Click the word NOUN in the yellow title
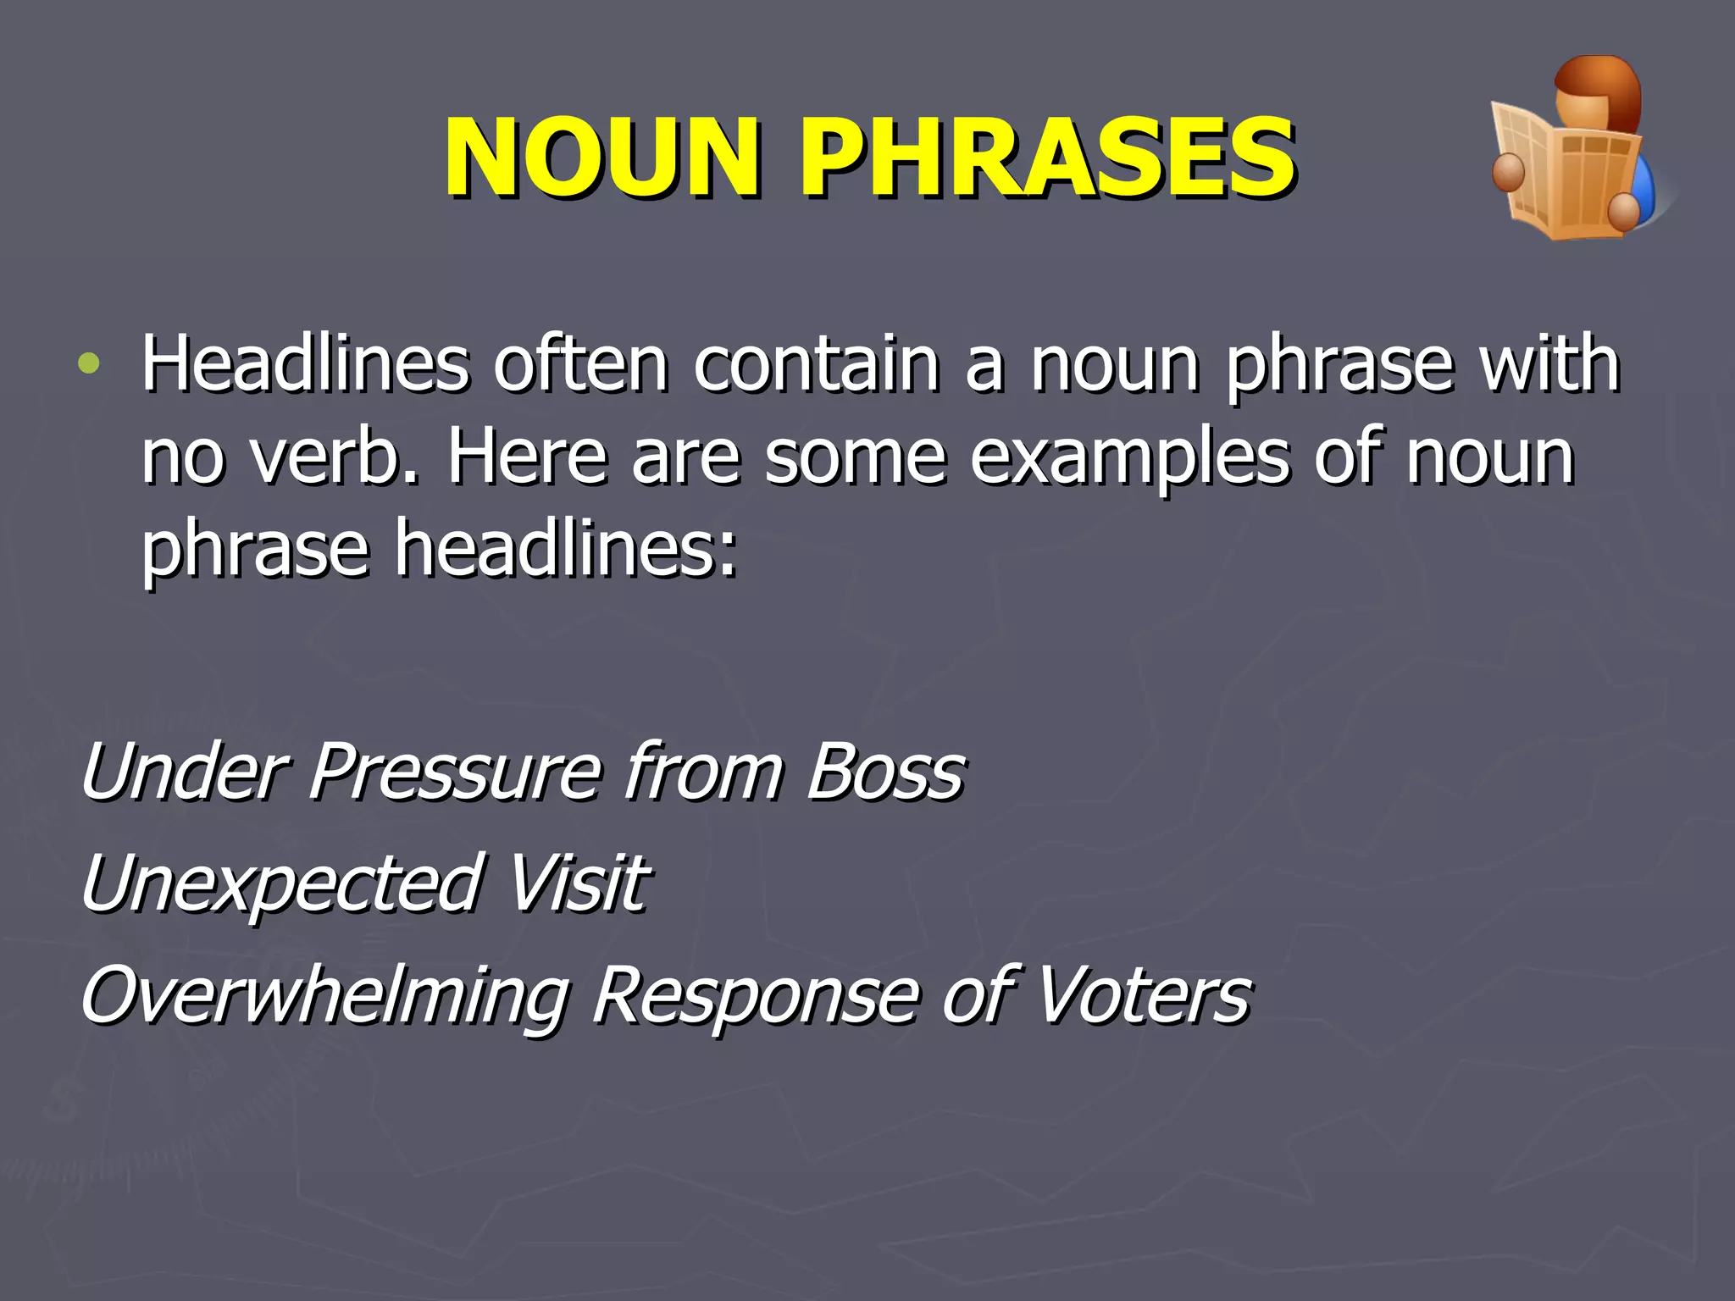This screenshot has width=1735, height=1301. click(601, 158)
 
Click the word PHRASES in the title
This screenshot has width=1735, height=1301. click(1047, 158)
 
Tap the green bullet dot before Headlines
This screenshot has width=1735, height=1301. click(88, 364)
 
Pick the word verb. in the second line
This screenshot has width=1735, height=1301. click(335, 457)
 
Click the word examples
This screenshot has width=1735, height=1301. click(1130, 457)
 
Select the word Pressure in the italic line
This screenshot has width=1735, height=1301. click(456, 771)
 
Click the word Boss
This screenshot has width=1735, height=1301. click(884, 771)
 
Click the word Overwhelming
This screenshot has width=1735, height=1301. click(325, 994)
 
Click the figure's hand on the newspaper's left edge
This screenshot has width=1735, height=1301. click(1508, 172)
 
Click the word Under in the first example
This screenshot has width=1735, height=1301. click(183, 771)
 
